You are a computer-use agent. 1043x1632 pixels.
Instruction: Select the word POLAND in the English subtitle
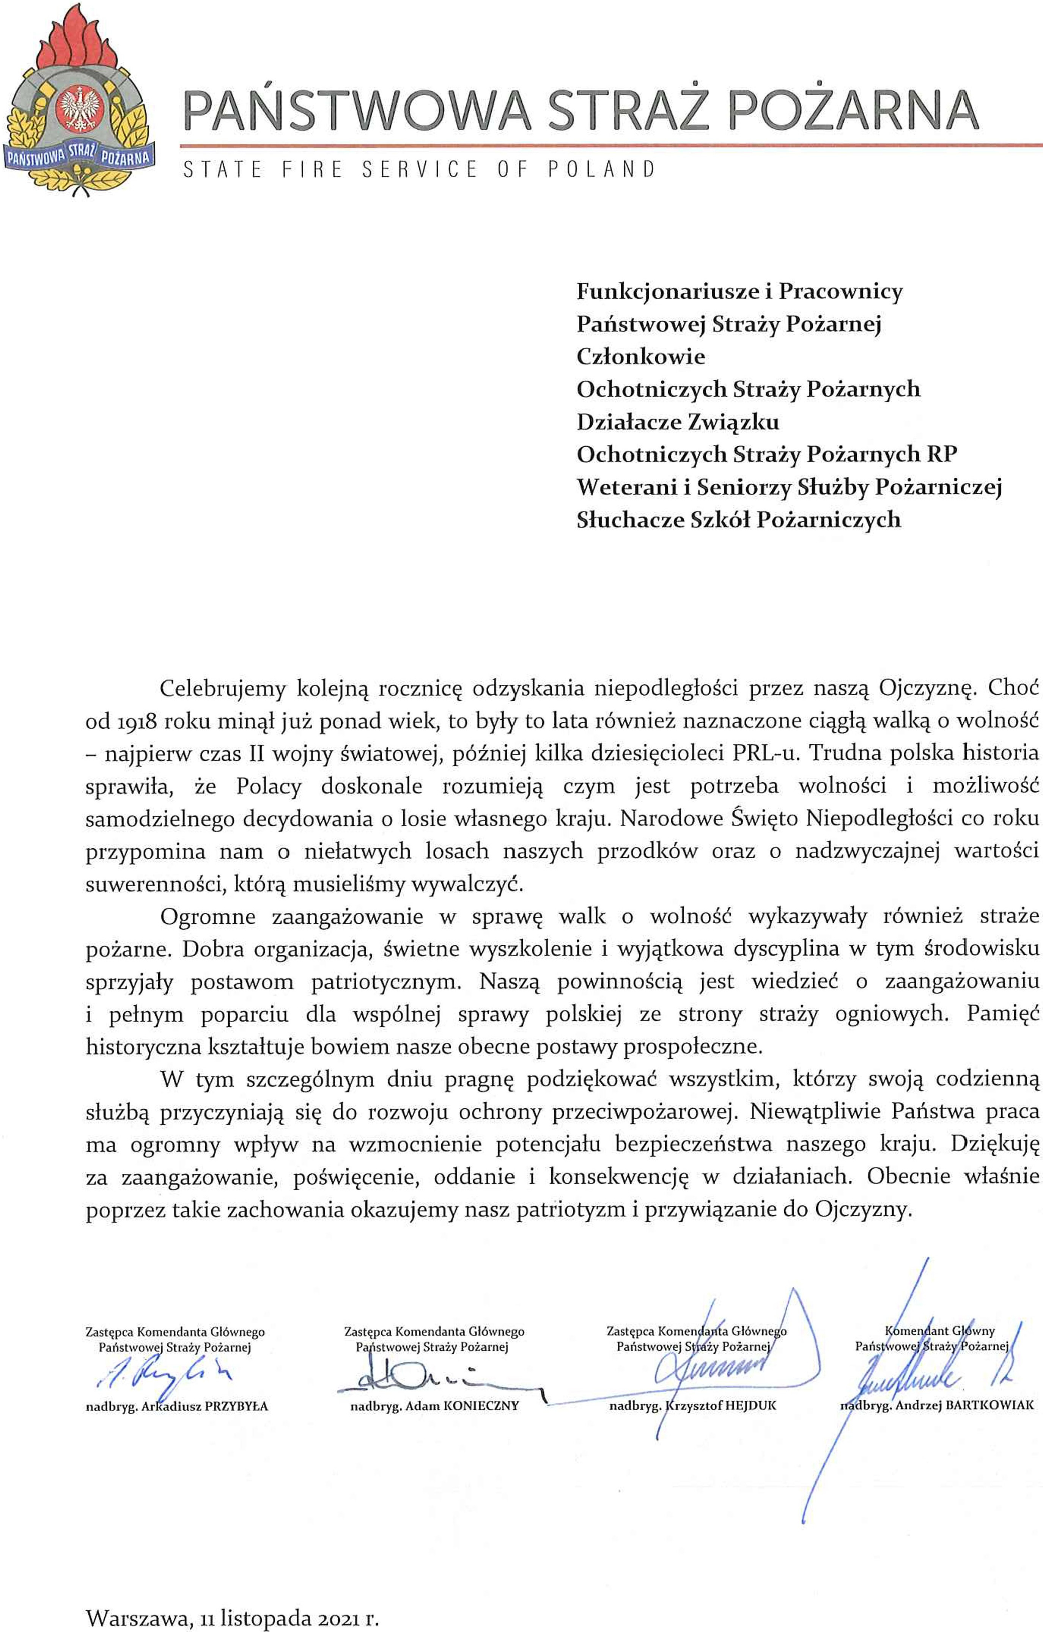pos(601,169)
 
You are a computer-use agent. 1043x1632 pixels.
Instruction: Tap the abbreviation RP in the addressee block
pos(942,454)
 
